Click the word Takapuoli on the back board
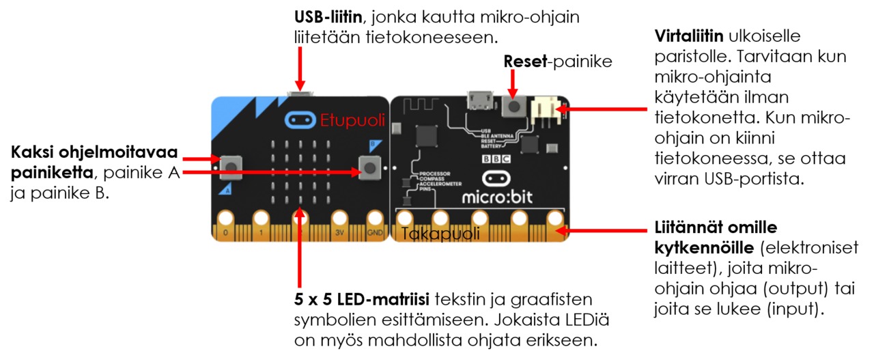(440, 234)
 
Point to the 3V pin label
(339, 232)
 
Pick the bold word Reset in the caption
(526, 61)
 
